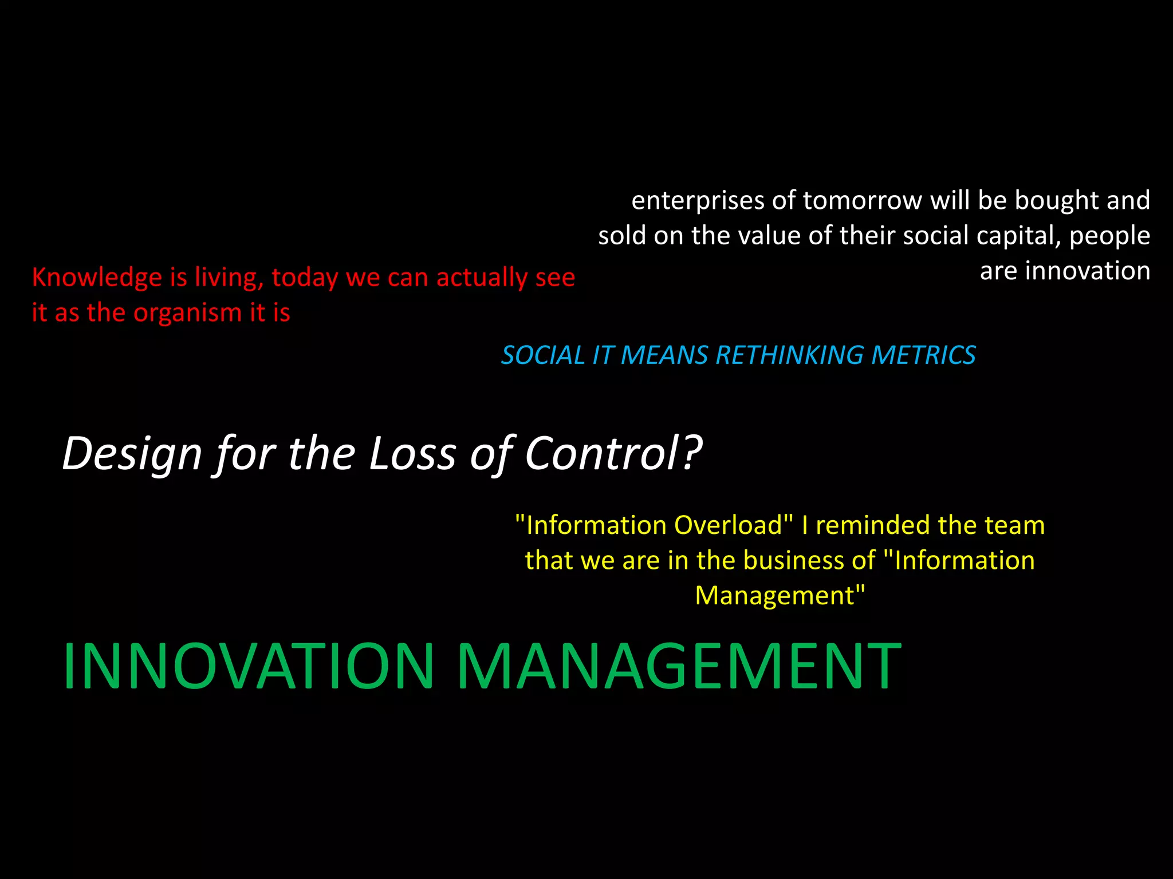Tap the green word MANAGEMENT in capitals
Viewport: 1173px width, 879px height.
pos(679,667)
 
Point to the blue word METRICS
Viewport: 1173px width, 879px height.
pos(923,355)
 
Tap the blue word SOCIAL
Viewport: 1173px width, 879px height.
pos(542,355)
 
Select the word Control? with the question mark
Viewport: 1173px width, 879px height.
pos(613,453)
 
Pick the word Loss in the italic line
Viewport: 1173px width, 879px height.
pos(411,453)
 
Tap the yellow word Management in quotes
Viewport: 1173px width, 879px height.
pos(779,596)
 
